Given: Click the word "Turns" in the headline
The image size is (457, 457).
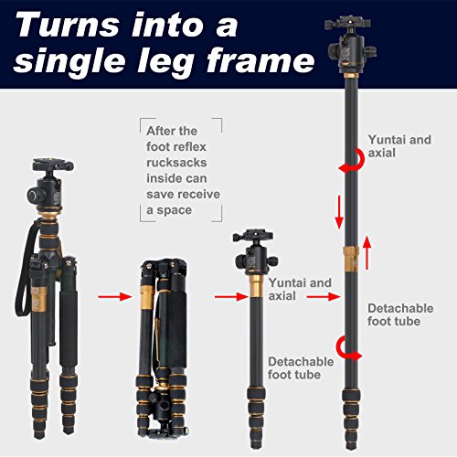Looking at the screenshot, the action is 68,26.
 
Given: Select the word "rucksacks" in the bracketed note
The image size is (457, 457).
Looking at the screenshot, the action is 176,163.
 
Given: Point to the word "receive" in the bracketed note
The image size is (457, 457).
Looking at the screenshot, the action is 200,194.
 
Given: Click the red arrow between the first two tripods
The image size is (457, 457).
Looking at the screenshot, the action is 115,296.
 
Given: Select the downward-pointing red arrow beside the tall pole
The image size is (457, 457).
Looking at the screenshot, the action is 339,212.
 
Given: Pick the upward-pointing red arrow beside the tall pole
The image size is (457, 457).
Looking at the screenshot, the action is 367,252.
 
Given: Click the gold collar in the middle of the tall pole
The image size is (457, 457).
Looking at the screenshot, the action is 351,259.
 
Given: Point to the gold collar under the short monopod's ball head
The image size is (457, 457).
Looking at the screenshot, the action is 256,286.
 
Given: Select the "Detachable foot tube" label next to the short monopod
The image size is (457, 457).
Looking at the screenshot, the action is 301,368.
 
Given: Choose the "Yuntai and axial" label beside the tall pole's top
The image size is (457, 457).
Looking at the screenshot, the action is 399,146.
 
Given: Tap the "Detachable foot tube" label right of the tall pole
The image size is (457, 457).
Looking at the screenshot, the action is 400,314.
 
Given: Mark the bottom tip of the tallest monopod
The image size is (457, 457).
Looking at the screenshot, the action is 351,449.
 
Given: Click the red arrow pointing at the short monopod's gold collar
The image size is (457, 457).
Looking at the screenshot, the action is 231,297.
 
